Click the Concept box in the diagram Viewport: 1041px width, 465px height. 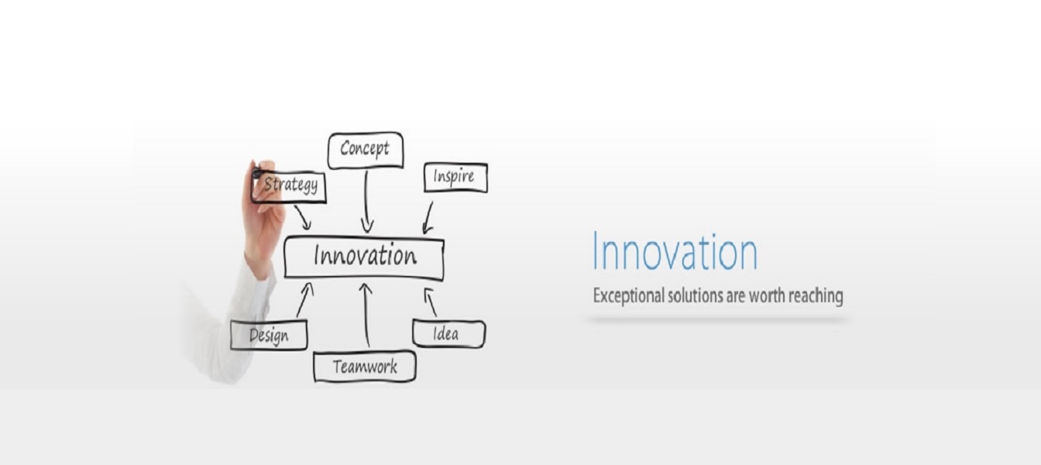click(366, 150)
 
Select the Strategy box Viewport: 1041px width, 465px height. click(289, 187)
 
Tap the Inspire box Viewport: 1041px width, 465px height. click(455, 177)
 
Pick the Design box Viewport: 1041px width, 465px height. click(269, 335)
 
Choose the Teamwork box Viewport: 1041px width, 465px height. click(365, 367)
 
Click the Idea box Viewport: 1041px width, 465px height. click(448, 333)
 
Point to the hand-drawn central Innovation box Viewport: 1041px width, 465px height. click(364, 257)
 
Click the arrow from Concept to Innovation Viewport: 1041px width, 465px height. click(366, 201)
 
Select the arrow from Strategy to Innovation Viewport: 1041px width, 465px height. click(303, 217)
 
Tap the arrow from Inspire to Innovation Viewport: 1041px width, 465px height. click(428, 218)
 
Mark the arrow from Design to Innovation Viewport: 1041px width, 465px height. click(305, 300)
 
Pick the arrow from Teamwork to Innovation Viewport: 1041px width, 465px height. click(366, 315)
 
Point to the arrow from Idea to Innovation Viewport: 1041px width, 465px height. click(431, 302)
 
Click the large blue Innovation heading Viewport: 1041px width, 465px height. click(675, 252)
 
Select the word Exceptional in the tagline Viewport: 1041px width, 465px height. click(628, 296)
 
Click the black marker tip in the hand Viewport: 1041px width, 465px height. click(256, 174)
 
